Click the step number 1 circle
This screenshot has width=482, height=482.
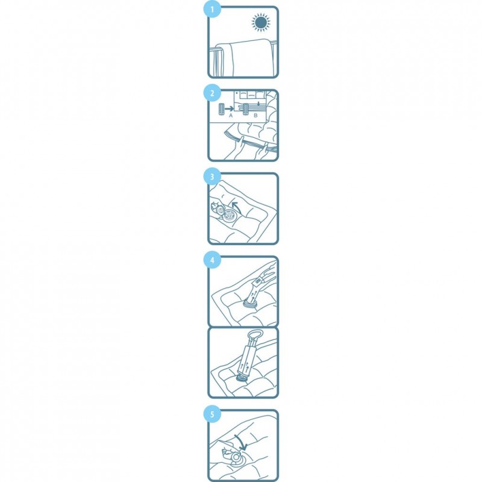pos(212,10)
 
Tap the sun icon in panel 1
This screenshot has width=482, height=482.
pos(261,22)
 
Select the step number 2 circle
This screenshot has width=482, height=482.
pos(212,93)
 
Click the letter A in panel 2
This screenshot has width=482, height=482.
pos(231,116)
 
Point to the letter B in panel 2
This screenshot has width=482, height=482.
pos(255,116)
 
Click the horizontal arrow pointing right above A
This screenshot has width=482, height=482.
pos(229,108)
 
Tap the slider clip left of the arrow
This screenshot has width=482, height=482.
pos(221,109)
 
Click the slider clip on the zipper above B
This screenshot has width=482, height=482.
pos(246,110)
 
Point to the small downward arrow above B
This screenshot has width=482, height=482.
pos(259,103)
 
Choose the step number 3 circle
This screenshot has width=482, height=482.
pos(212,177)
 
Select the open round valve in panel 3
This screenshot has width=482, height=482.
pos(230,216)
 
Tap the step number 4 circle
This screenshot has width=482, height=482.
pos(212,260)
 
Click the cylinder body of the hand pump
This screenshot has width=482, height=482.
pos(248,360)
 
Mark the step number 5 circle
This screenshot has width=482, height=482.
pos(212,414)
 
